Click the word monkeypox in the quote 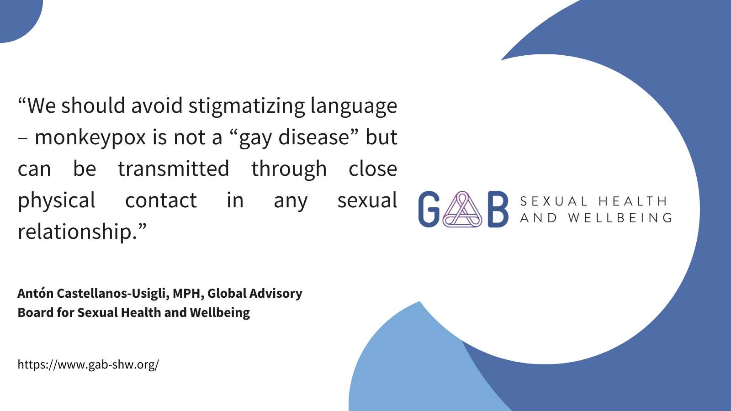[90, 137]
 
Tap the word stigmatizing [246, 106]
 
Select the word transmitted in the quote [173, 169]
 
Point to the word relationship [77, 232]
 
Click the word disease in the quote [313, 137]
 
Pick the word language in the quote [354, 106]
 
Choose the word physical [57, 200]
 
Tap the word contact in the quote [161, 200]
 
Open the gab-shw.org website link [88, 364]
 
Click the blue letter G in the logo [429, 209]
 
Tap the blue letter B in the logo [498, 209]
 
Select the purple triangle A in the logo [462, 209]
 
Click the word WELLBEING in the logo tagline [620, 218]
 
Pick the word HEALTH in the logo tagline [633, 201]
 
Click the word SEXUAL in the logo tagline [553, 201]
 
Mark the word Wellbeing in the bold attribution [220, 312]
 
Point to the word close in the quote [373, 169]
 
